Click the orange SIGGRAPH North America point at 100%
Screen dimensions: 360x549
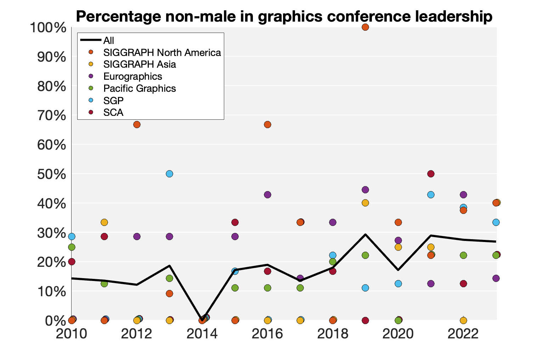coord(365,27)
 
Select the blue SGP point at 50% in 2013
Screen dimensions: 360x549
coord(169,174)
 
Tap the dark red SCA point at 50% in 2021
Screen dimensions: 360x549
coord(431,174)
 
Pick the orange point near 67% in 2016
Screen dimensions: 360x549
coord(267,124)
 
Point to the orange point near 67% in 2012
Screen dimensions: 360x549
coord(137,124)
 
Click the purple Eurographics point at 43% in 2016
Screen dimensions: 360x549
coord(267,195)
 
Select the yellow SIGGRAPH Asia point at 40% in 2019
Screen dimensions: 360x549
coord(365,203)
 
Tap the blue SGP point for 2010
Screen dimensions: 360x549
coord(72,236)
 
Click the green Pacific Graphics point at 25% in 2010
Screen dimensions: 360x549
coord(72,247)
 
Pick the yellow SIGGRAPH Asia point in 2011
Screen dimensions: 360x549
coord(104,222)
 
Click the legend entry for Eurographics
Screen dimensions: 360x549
coord(132,77)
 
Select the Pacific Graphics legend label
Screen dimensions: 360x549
coord(140,89)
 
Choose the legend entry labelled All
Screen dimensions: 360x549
coord(108,41)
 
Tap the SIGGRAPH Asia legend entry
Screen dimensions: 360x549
coord(140,64)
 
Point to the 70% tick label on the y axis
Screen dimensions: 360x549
coord(52,116)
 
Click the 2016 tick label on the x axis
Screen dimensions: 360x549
coord(267,334)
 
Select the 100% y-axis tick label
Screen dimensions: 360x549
coord(49,28)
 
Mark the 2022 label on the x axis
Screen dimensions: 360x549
coord(463,334)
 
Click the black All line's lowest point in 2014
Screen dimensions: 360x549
coord(202,320)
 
